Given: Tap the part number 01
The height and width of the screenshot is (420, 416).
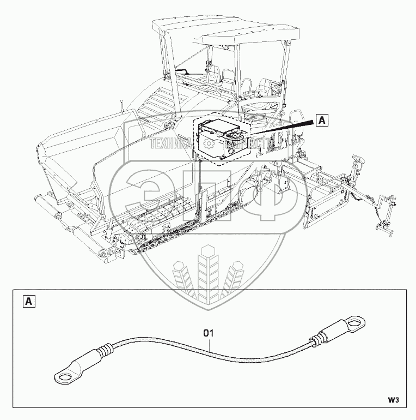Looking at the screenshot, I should (209, 331).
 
